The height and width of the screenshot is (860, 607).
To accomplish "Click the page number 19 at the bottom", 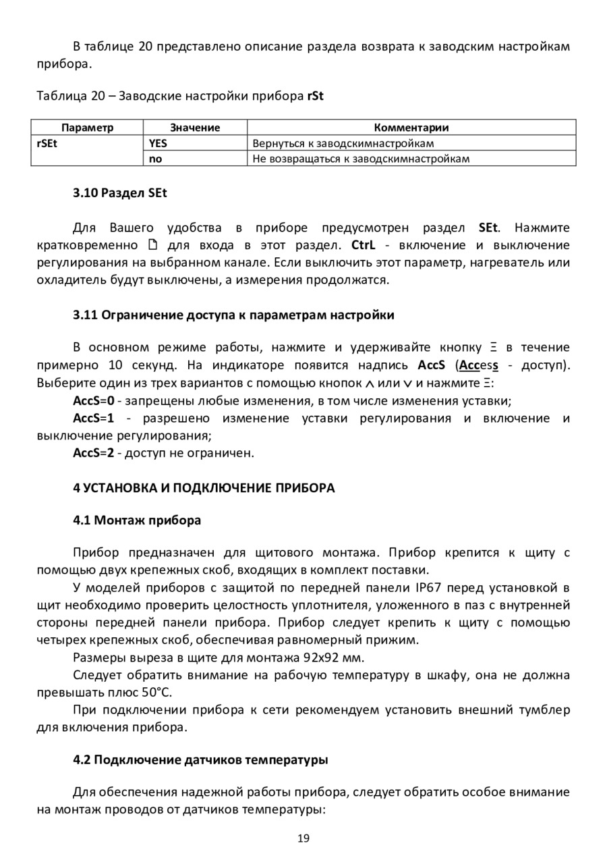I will coord(303,838).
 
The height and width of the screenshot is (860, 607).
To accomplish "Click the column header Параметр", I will coord(88,128).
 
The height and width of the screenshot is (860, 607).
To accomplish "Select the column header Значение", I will coord(195,128).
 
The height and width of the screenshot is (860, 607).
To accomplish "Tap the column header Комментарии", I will coord(411,128).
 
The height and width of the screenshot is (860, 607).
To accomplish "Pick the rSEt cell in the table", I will coord(47,143).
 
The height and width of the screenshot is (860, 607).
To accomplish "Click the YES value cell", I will coord(158,143).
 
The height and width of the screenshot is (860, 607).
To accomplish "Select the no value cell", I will coord(155,159).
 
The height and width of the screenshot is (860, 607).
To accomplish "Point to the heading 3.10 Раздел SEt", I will coord(119,192).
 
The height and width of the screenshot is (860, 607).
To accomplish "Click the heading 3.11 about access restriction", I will coord(233,315).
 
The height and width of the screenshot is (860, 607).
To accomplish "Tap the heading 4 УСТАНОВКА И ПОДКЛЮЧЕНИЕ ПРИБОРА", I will coord(204,487).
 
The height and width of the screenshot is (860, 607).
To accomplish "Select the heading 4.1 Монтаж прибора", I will coord(137,520).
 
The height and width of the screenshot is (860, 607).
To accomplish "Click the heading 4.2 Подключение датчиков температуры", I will coord(200,759).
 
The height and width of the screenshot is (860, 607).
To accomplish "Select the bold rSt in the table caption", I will coord(315,96).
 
